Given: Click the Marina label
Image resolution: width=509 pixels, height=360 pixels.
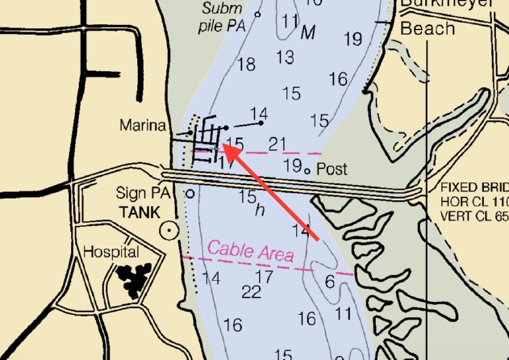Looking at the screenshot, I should tap(142, 126).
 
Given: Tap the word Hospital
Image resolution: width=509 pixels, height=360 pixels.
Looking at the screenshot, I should tap(113, 252).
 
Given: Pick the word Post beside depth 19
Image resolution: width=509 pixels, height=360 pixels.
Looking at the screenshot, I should tap(331, 170).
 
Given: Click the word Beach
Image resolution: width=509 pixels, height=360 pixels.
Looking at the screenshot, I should tap(428, 29).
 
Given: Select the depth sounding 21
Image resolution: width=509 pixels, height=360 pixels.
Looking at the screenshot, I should tap(277, 144).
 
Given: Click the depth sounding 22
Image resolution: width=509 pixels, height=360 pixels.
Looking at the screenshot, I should tap(251, 291).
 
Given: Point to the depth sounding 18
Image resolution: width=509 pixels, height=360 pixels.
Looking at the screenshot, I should tap(246, 64).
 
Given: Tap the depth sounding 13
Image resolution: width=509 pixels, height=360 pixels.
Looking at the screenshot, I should tap(285, 57).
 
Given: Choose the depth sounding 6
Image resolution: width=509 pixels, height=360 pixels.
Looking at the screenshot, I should tap(329, 282).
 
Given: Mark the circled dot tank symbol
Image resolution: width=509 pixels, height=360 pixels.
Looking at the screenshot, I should tap(169, 230).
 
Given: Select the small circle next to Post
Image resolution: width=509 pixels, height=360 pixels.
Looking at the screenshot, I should tap(307, 170).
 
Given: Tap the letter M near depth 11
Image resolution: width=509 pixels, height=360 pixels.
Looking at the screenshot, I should tap(307, 34).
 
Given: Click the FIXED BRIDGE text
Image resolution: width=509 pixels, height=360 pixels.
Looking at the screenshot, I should tap(474, 187).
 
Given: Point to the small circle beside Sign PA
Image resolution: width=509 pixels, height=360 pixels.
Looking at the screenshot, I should tap(190, 194).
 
